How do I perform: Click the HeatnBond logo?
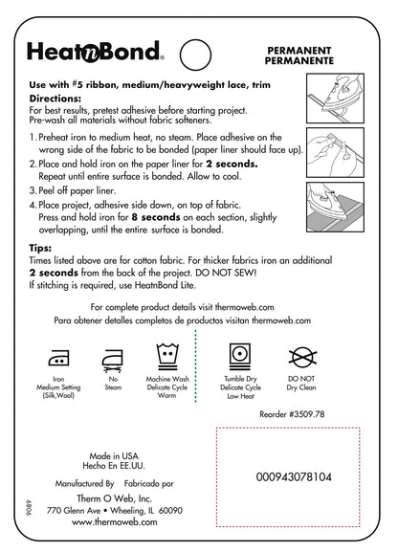click(x=95, y=52)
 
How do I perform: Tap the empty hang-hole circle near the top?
click(x=195, y=39)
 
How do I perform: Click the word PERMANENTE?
click(x=299, y=60)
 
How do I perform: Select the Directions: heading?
click(x=55, y=99)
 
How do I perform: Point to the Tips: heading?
click(x=40, y=248)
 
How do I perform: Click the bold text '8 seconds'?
click(x=156, y=217)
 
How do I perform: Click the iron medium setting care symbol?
click(x=58, y=358)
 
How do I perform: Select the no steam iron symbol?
click(x=113, y=361)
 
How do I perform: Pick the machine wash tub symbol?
click(x=167, y=356)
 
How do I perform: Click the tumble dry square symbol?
click(x=240, y=356)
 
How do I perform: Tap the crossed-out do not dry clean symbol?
click(x=302, y=357)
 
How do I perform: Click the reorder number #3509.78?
click(x=306, y=414)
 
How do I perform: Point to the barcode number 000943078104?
click(x=294, y=477)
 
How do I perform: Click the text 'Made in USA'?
click(x=114, y=456)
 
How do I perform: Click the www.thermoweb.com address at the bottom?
click(x=115, y=521)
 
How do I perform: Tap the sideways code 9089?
click(x=29, y=508)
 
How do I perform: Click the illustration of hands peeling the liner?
click(x=335, y=152)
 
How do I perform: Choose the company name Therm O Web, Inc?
click(x=115, y=498)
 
